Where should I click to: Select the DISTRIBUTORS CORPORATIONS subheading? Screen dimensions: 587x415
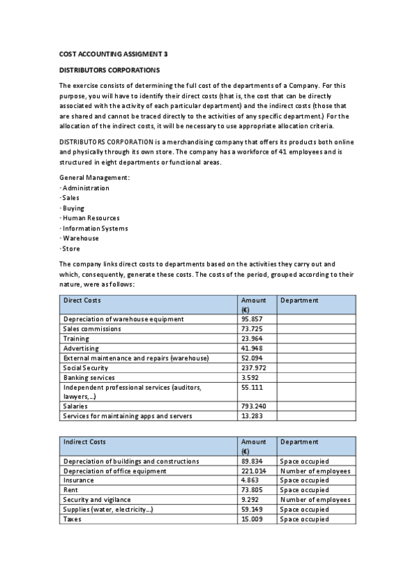pos(109,70)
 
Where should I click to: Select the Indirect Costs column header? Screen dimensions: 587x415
pos(85,442)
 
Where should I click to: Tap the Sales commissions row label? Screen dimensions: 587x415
pos(92,329)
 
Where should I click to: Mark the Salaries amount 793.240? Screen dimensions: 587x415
pos(254,406)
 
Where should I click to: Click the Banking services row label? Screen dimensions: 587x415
pos(89,377)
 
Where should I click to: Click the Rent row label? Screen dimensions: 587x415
pos(70,489)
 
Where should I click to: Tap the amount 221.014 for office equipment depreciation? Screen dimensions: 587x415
pos(254,471)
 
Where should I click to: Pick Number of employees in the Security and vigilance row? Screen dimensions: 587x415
pos(315,499)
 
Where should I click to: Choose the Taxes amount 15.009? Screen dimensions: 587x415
pos(252,518)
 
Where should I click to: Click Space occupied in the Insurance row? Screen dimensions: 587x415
pos(304,480)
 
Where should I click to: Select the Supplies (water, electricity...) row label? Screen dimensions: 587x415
pos(108,509)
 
